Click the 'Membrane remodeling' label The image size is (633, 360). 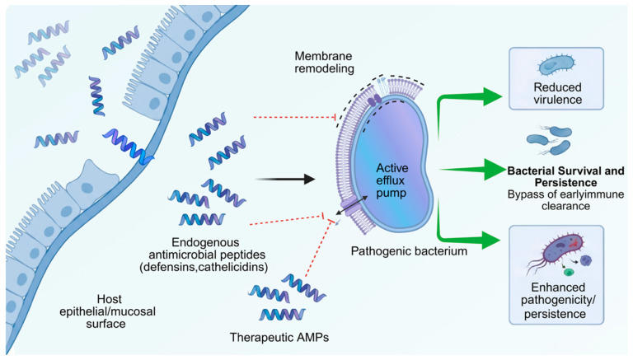[324, 62]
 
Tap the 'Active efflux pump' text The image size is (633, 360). [392, 180]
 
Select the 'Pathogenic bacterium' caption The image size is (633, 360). [409, 251]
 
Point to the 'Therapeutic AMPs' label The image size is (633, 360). [279, 337]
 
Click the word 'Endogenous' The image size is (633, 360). [205, 242]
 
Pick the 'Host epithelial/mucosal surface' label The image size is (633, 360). [107, 311]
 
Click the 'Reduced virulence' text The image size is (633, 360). [557, 93]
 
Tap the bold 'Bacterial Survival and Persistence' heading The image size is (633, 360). [565, 176]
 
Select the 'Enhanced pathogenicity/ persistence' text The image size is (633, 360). [557, 301]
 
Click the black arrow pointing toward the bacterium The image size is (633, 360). [285, 180]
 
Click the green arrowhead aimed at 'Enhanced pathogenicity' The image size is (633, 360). [491, 240]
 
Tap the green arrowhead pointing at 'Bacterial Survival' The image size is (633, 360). [495, 170]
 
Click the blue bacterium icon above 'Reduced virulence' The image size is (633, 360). [556, 66]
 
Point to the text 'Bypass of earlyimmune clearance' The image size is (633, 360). [565, 200]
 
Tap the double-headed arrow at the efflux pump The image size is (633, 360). [352, 205]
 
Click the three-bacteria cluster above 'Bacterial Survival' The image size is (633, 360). [550, 140]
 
